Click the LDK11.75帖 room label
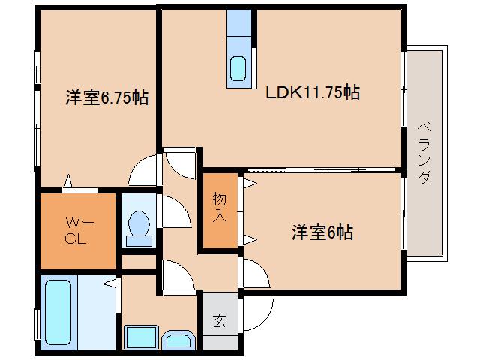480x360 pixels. tap(312, 94)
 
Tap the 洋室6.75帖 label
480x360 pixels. tap(106, 98)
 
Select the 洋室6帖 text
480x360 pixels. tap(322, 232)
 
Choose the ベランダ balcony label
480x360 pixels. tap(424, 156)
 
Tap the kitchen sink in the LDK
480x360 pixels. tap(238, 68)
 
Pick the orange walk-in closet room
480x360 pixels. tap(77, 231)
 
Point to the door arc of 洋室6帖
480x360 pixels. tap(253, 270)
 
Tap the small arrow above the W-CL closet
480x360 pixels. tap(68, 180)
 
